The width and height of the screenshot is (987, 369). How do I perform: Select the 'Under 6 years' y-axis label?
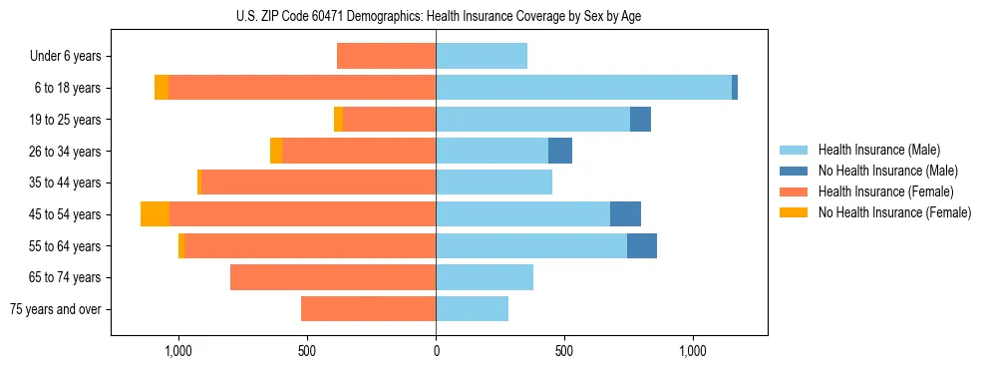click(71, 57)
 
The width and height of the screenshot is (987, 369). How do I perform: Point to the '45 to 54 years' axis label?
click(66, 214)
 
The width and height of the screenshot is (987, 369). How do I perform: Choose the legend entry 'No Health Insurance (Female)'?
click(894, 212)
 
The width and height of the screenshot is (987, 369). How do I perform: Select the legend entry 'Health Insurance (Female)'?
click(885, 191)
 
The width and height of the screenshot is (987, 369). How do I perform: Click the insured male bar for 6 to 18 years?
click(583, 88)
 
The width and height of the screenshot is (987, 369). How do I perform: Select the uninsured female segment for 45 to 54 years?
click(155, 214)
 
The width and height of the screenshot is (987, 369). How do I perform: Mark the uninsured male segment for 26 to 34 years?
click(560, 152)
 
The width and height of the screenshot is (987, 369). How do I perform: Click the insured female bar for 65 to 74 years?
click(333, 277)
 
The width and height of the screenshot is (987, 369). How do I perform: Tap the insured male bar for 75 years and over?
click(472, 309)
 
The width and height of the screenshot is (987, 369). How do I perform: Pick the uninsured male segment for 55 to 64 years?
click(642, 246)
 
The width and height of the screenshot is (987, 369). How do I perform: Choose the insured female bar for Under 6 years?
click(386, 57)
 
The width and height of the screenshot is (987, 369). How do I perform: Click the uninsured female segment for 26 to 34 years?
click(276, 152)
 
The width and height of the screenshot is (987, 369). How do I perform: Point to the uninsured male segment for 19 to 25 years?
click(640, 120)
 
